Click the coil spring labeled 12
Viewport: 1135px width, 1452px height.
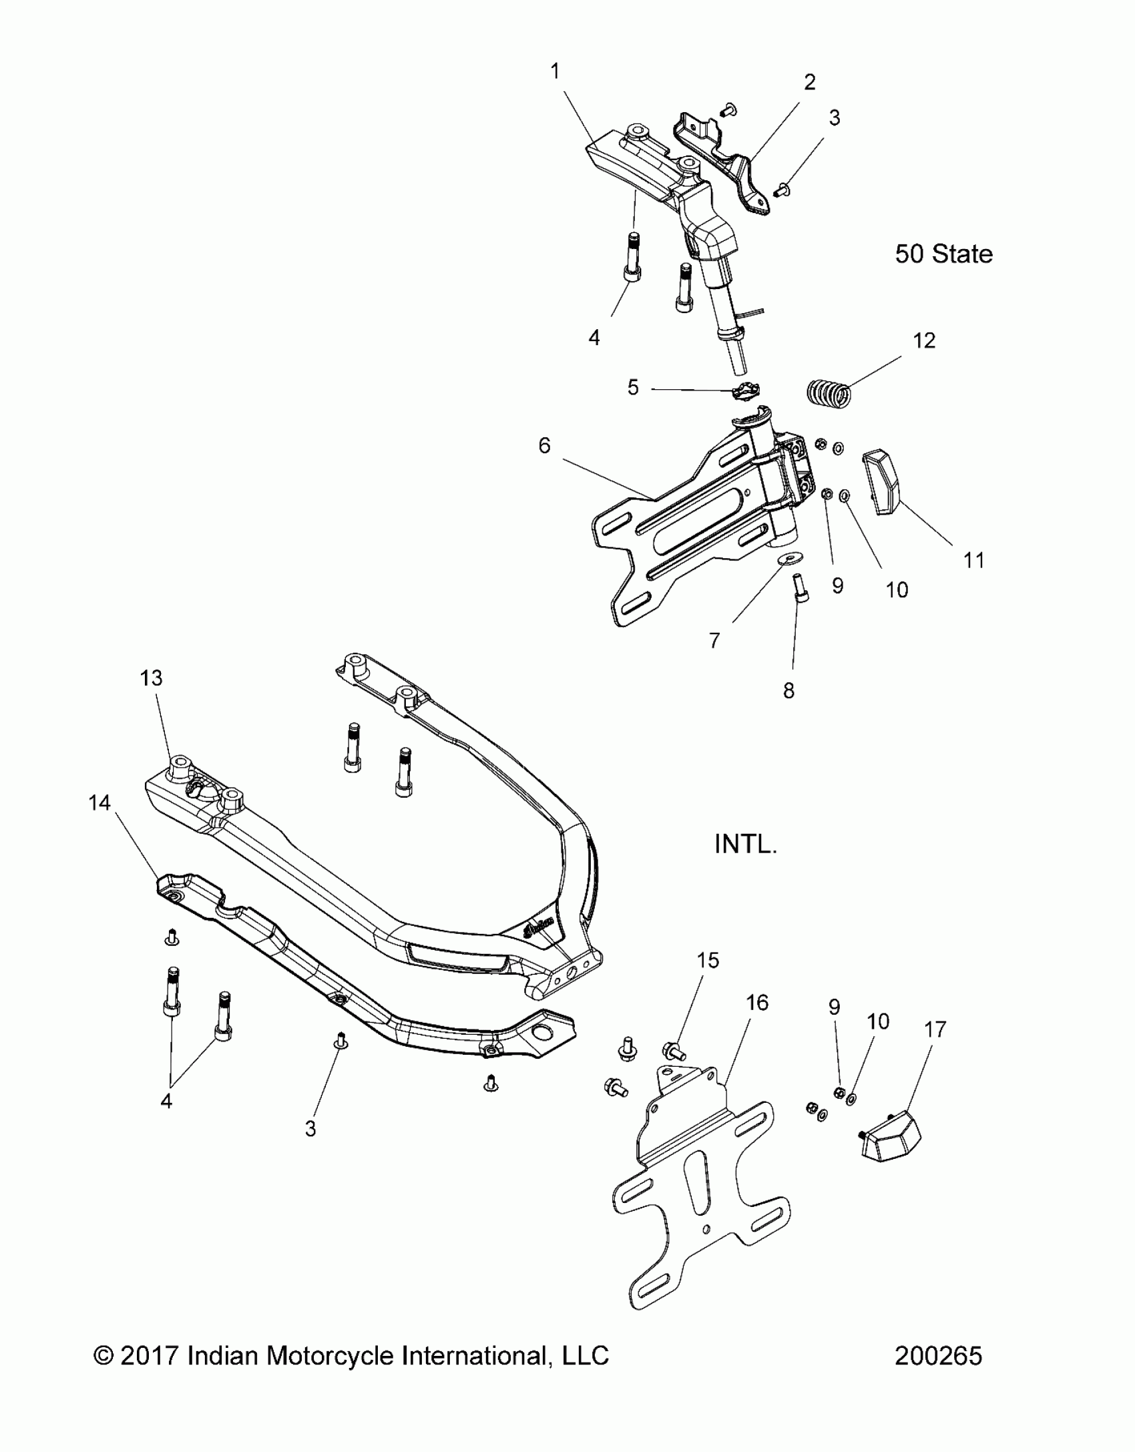click(829, 393)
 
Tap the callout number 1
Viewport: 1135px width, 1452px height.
click(555, 71)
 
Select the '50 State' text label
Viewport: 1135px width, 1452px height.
click(943, 254)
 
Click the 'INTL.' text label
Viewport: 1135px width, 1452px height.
click(746, 844)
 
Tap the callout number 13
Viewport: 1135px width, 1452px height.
click(152, 678)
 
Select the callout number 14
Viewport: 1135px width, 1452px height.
click(99, 802)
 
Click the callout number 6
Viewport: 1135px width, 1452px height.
click(545, 445)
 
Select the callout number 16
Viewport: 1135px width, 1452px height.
click(757, 1021)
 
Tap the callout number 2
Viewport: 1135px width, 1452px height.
click(809, 83)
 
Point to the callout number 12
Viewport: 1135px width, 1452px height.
click(924, 340)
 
